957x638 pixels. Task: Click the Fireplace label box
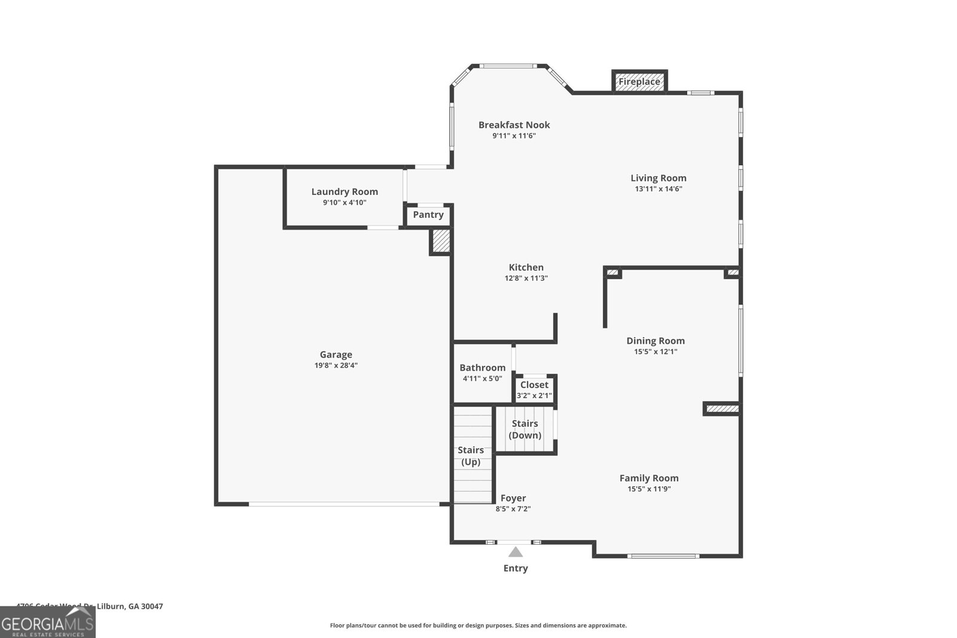(639, 82)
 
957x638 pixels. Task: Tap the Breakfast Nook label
(514, 125)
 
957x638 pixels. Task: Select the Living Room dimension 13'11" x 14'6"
(658, 189)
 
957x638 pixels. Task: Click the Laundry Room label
(345, 192)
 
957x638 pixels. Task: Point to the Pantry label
(428, 215)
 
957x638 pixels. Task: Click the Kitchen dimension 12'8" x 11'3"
(526, 279)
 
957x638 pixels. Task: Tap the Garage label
(336, 355)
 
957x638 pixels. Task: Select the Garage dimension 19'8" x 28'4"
(336, 365)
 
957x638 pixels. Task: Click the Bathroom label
(482, 368)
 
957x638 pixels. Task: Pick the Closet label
(534, 385)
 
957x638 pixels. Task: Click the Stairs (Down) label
(525, 429)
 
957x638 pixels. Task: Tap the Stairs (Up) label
(471, 456)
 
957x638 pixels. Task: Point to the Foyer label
(513, 498)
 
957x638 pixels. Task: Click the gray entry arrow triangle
(516, 552)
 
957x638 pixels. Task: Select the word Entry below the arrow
(516, 568)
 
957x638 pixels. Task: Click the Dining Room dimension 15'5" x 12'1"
(656, 352)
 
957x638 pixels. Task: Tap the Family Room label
(649, 478)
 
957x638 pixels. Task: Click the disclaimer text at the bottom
(478, 625)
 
